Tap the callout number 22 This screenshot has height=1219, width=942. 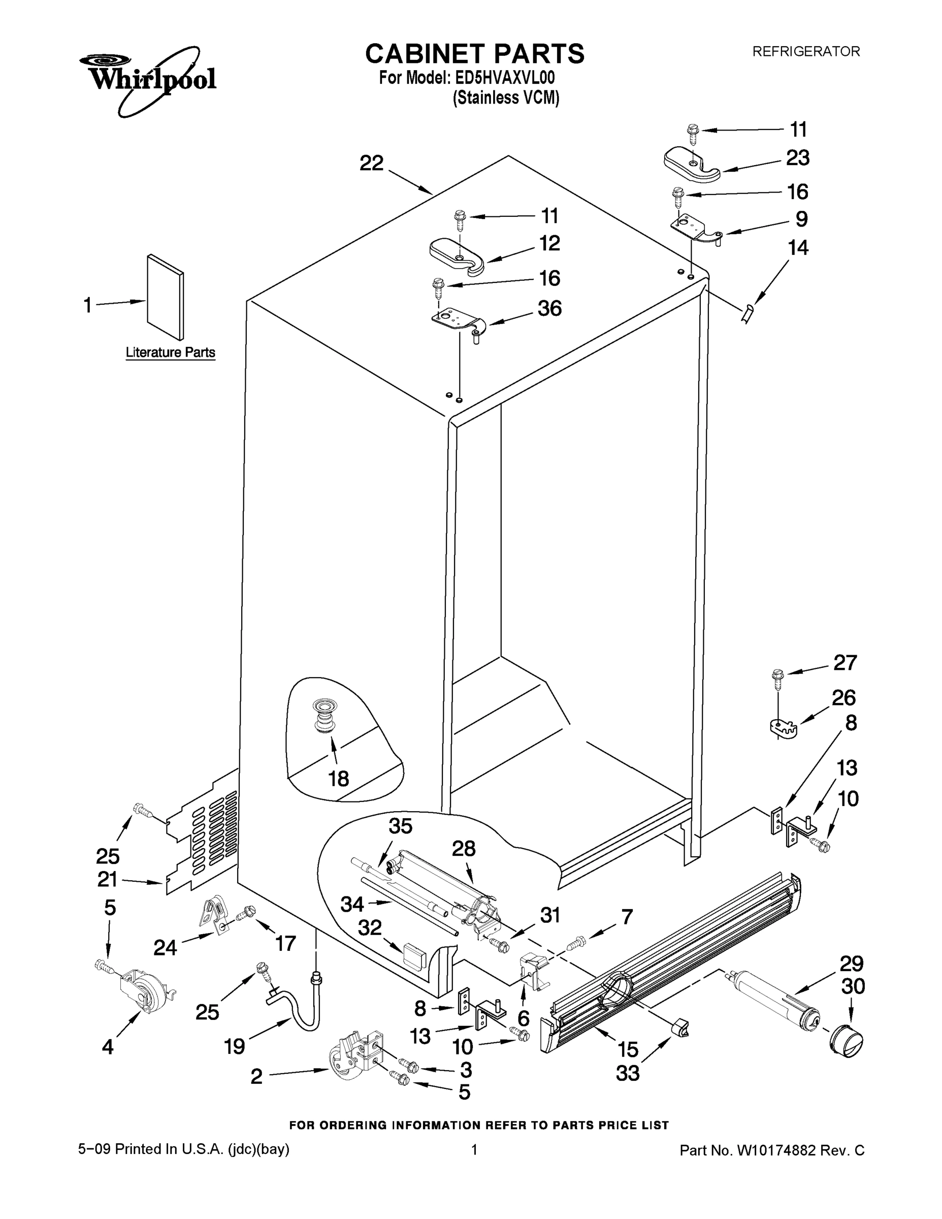[372, 164]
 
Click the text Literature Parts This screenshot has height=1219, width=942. [170, 353]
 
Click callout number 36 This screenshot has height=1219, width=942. [549, 309]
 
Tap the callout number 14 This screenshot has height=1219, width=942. [798, 248]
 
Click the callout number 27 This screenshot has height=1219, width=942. [844, 663]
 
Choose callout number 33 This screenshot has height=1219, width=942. [628, 1073]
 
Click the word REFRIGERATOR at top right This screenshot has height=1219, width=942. [806, 52]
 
